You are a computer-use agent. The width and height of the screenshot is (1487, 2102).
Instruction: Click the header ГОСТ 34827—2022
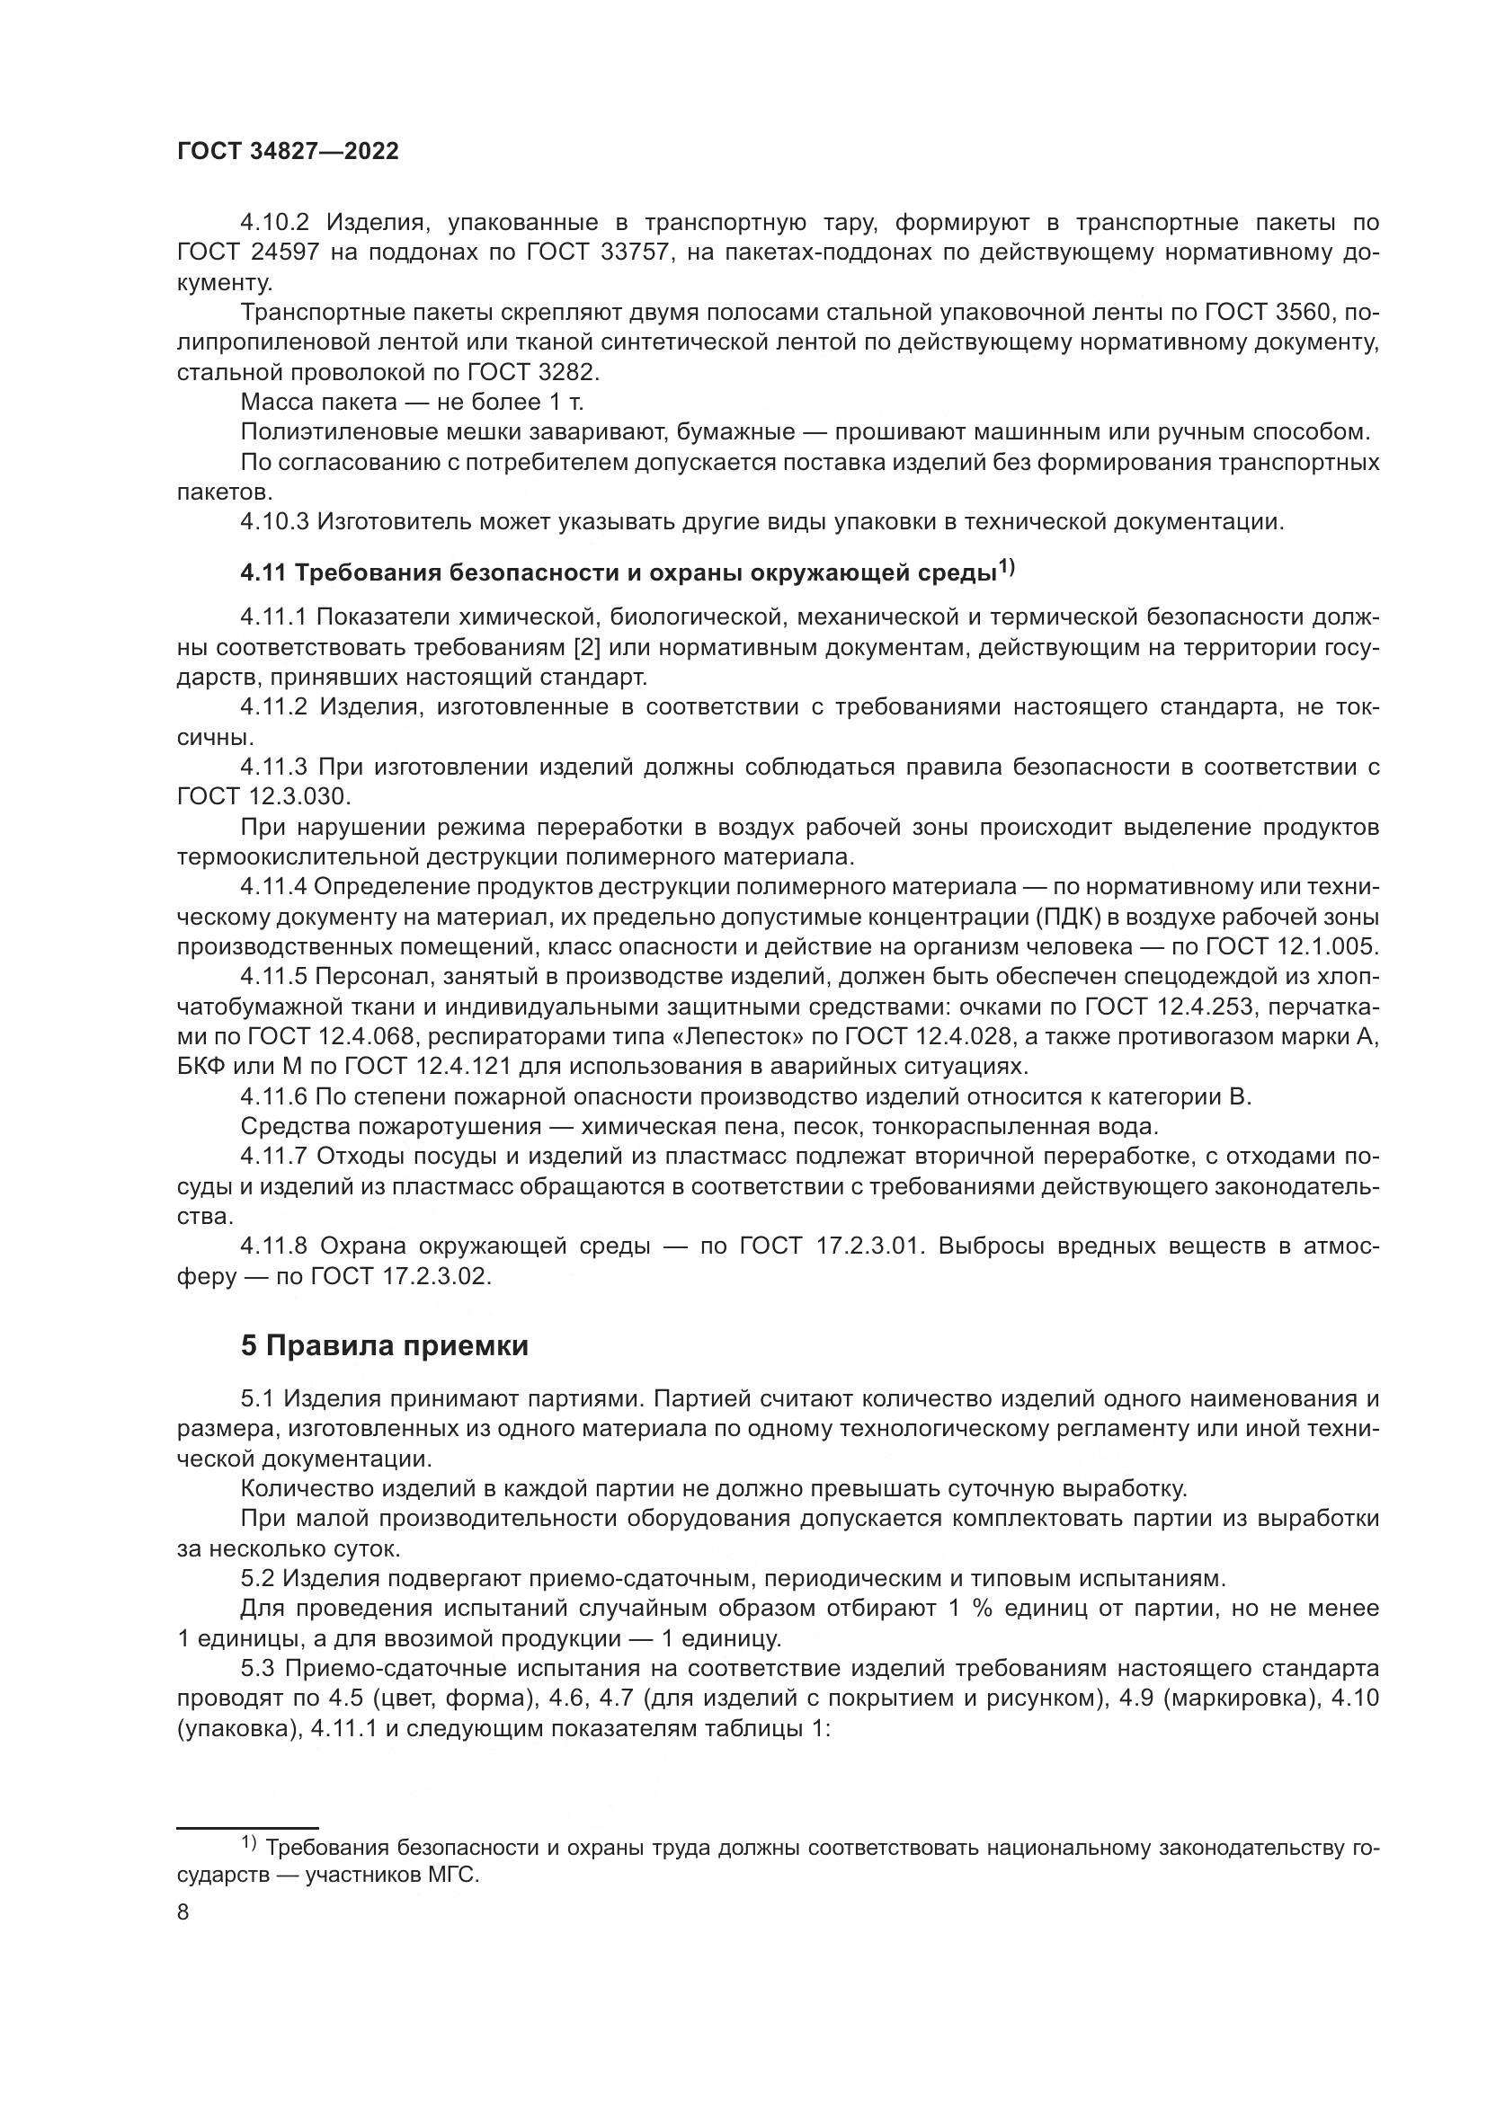coord(288,152)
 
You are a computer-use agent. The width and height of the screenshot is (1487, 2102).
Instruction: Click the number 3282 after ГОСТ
coord(563,373)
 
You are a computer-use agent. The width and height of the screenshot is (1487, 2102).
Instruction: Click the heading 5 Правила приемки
coord(385,1346)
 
